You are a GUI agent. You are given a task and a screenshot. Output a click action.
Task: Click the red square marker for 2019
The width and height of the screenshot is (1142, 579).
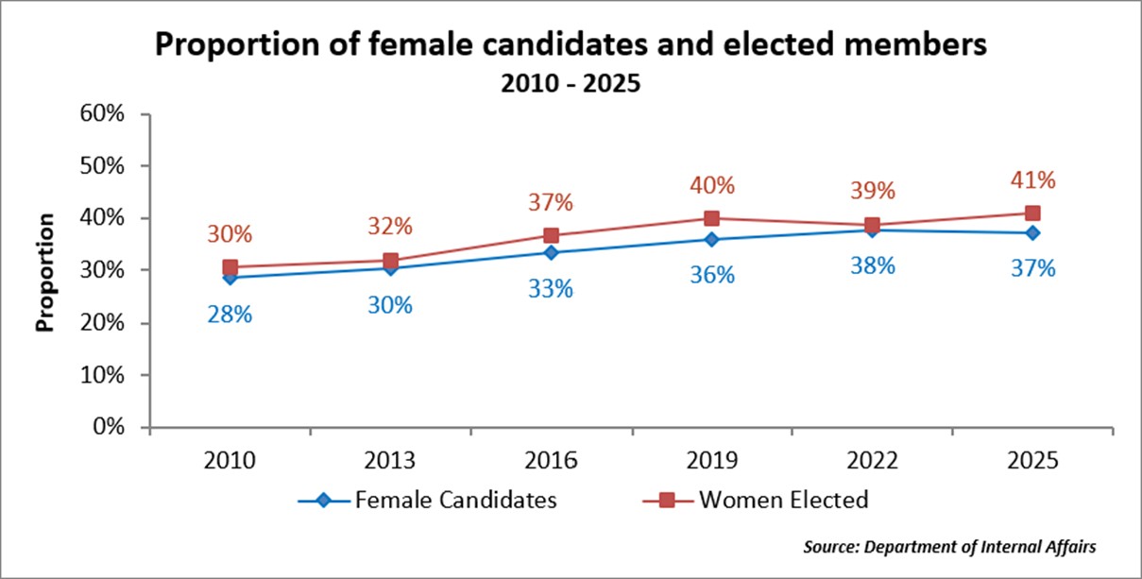point(711,218)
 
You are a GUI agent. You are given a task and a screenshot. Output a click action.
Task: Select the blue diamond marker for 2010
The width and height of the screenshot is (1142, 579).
point(230,278)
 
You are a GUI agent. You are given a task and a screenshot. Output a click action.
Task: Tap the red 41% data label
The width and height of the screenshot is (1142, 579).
point(1032,180)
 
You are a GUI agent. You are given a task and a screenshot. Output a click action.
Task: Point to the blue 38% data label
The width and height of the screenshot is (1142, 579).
point(872,265)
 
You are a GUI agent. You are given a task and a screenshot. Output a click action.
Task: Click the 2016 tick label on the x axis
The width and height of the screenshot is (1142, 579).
point(551,463)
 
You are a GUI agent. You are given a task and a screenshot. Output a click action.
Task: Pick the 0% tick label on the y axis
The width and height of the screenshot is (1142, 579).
point(123,427)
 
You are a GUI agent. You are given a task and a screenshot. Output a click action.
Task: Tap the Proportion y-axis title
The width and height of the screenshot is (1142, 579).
point(43,271)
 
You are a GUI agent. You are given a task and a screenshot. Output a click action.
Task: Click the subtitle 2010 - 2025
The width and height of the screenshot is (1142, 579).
point(571,83)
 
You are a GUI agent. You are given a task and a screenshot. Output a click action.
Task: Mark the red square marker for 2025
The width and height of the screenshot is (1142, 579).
point(1032,213)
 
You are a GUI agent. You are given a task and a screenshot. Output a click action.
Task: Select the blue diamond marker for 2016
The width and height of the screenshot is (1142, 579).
point(551,252)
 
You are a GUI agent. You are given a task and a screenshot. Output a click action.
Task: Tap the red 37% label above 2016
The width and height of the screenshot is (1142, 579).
point(551,202)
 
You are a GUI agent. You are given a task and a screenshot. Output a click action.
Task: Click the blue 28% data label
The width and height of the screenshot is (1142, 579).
point(230,315)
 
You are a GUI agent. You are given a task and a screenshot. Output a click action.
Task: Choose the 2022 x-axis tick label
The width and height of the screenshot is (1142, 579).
point(872,463)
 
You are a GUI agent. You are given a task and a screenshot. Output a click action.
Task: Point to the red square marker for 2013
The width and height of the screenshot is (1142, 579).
point(390,260)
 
